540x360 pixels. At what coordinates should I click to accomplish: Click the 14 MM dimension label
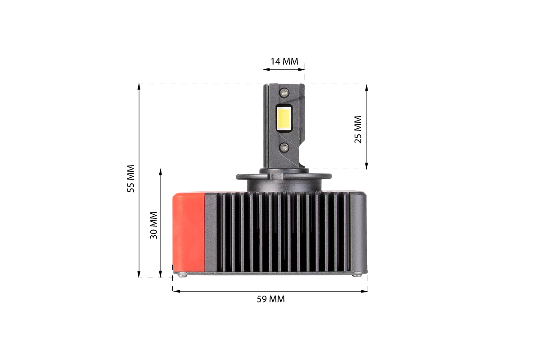point(284,62)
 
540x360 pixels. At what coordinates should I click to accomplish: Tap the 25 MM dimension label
point(358,130)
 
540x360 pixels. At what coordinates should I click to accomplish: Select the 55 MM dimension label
point(130,179)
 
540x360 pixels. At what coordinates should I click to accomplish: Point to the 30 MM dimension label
point(153,225)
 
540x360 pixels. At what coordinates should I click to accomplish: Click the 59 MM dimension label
point(270,299)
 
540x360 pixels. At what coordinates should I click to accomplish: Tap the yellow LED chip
point(284,119)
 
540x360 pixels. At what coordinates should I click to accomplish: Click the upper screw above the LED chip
point(284,92)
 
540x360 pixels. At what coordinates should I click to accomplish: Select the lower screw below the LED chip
point(284,147)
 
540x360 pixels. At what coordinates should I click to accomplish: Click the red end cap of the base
point(189,232)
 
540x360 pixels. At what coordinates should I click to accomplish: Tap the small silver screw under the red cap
point(183,274)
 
